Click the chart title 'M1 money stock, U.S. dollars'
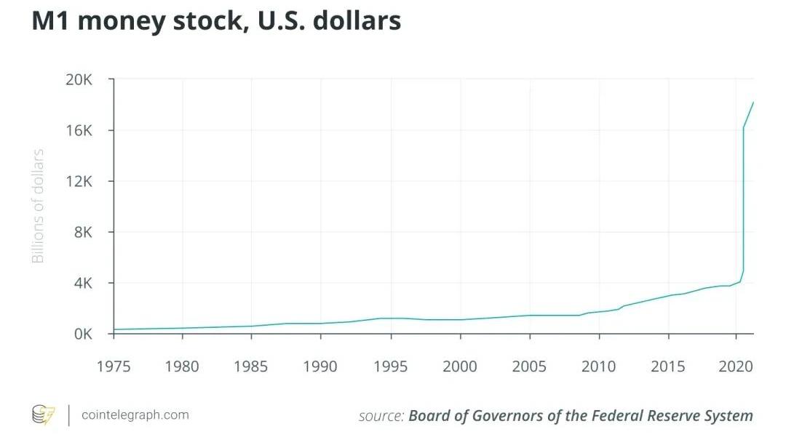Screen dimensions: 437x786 (x=216, y=22)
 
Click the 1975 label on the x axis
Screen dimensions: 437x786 (x=114, y=366)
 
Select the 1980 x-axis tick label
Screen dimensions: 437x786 (x=183, y=366)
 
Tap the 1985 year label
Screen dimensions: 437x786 (x=252, y=366)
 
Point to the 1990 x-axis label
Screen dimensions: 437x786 (x=321, y=366)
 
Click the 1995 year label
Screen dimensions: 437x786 (x=391, y=366)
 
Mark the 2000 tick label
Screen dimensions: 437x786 (x=460, y=366)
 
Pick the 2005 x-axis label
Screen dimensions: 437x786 (x=530, y=366)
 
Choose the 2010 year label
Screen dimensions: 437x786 (x=599, y=366)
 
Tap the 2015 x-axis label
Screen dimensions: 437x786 (x=668, y=366)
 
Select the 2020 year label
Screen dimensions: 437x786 (x=736, y=366)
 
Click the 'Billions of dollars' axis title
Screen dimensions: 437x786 (x=38, y=206)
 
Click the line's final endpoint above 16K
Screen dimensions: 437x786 (x=753, y=102)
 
